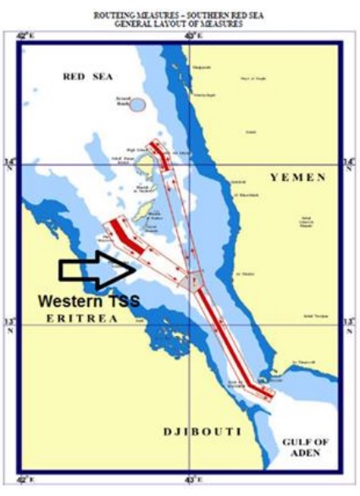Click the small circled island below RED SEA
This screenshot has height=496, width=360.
point(137,105)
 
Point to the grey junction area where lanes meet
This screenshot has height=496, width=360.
point(196,280)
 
